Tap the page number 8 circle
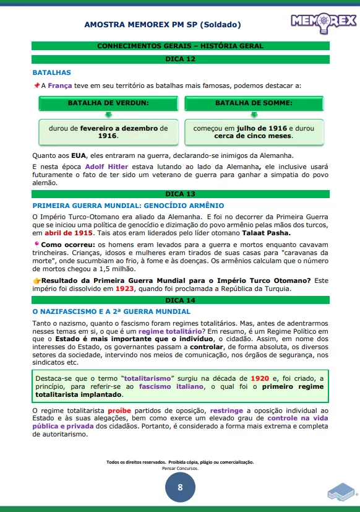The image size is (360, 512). [180, 487]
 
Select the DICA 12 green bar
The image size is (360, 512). [180, 59]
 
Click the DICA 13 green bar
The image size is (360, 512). [180, 194]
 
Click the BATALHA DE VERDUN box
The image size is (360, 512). [108, 102]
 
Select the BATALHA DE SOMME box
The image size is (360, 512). [254, 102]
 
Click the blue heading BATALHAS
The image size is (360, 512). [51, 72]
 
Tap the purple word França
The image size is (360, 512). [60, 85]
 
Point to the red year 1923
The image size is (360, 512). [124, 289]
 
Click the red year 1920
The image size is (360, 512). [259, 378]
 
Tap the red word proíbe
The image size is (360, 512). [120, 410]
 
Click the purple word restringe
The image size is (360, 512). [231, 410]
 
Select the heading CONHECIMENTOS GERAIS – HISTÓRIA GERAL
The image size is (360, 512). [180, 46]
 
